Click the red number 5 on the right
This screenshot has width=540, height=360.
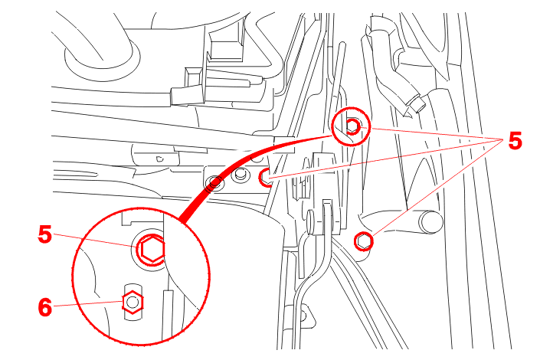tap(515, 140)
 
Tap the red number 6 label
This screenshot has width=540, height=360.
tap(45, 307)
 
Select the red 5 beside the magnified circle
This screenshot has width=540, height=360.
tap(45, 234)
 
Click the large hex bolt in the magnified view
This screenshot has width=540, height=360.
tap(152, 249)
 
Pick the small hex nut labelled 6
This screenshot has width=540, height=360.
tap(133, 302)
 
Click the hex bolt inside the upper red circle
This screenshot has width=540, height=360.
tap(352, 126)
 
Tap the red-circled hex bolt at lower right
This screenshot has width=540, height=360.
tap(363, 241)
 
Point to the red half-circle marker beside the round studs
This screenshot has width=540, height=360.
tap(264, 178)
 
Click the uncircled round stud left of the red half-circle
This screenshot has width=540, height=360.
tap(240, 175)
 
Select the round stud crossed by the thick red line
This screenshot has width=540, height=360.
tap(214, 183)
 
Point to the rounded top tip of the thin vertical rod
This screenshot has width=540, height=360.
tap(342, 44)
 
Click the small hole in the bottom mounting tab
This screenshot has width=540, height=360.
tap(303, 316)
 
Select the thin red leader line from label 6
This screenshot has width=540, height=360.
tap(88, 304)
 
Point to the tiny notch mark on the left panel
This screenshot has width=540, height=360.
tap(159, 159)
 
